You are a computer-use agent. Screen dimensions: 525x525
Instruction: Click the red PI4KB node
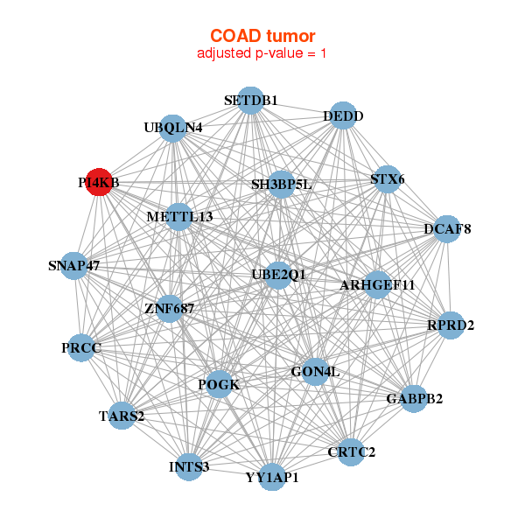click(99, 182)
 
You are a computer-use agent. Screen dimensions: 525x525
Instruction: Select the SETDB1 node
click(250, 100)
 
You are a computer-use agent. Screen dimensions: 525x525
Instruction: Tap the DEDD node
click(343, 115)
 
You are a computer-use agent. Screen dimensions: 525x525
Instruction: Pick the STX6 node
click(387, 180)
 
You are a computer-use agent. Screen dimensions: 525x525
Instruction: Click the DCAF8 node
click(447, 229)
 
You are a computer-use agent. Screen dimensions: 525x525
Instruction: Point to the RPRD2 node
click(451, 325)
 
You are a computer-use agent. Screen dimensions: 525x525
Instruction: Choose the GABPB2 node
click(413, 399)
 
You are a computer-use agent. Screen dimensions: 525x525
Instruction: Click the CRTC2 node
click(351, 451)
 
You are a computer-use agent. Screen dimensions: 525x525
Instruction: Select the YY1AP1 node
click(272, 477)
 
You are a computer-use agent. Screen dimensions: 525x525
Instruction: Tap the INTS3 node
click(189, 466)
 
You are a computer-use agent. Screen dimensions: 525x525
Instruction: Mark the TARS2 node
click(122, 416)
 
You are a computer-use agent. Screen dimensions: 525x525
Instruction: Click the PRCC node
click(82, 348)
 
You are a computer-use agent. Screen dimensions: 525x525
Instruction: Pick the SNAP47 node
click(74, 265)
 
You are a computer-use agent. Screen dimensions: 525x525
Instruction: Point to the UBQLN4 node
click(173, 128)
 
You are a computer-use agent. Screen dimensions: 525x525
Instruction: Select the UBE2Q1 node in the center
click(278, 275)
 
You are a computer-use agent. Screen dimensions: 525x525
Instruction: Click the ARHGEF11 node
click(377, 285)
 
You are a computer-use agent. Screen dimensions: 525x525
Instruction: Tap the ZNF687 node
click(170, 308)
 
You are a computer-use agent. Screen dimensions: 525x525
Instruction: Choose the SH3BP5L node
click(281, 184)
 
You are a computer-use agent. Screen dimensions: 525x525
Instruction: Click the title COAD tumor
click(262, 36)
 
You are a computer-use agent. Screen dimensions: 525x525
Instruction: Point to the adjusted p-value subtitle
click(262, 53)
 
